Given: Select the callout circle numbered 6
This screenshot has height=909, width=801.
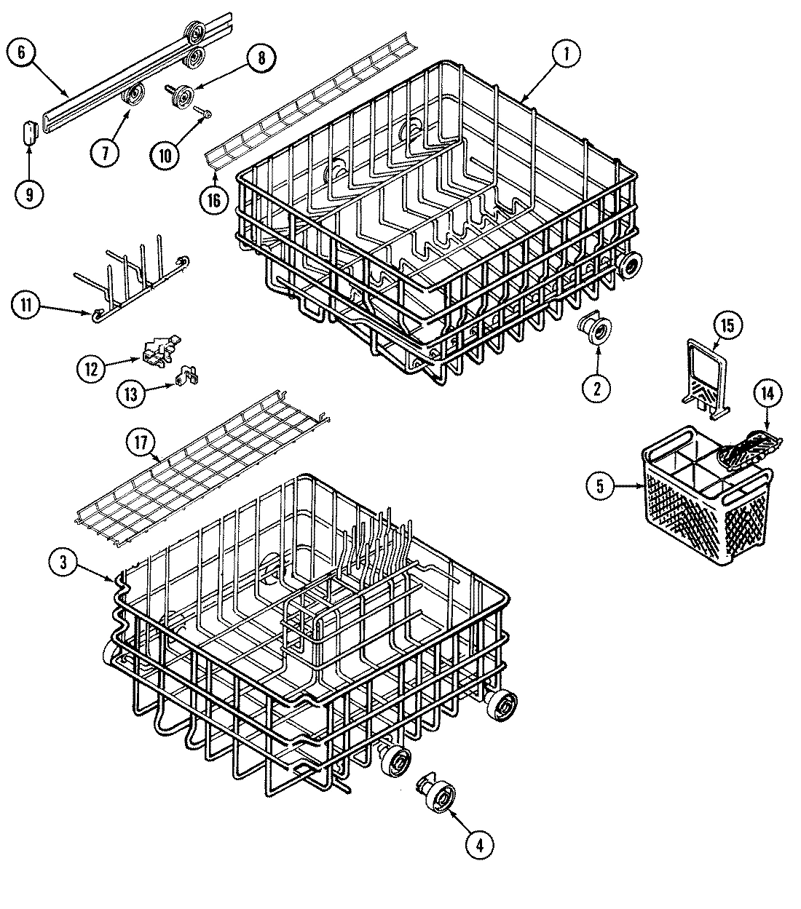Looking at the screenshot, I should pyautogui.click(x=21, y=52).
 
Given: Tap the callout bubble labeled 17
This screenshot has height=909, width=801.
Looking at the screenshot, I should pyautogui.click(x=141, y=441).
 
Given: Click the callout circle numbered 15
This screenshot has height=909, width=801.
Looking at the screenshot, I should pyautogui.click(x=728, y=325).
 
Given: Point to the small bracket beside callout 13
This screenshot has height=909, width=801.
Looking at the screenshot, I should pyautogui.click(x=189, y=376).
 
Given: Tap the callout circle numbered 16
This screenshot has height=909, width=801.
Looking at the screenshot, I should pyautogui.click(x=214, y=200).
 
